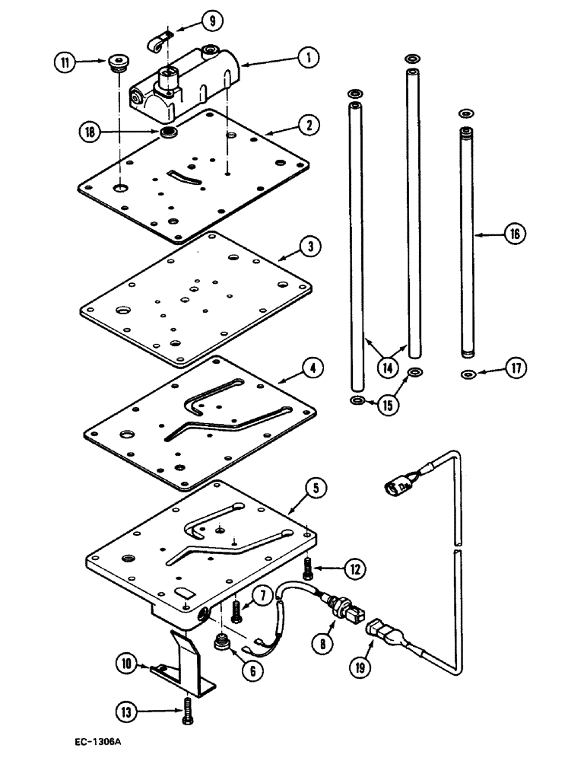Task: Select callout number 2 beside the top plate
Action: pos(308,126)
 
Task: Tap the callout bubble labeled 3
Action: pos(309,247)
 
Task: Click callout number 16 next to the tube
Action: pos(514,235)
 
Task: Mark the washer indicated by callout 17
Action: pos(468,374)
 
